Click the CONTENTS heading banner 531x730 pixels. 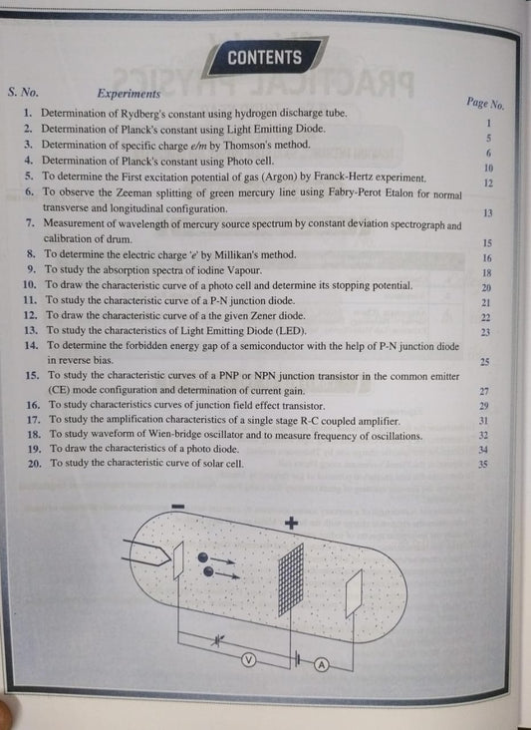(264, 57)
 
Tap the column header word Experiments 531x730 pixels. (129, 92)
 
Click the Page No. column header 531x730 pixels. (485, 102)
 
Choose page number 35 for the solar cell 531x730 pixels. (484, 464)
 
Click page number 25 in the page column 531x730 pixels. (485, 362)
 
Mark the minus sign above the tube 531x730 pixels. (178, 508)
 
